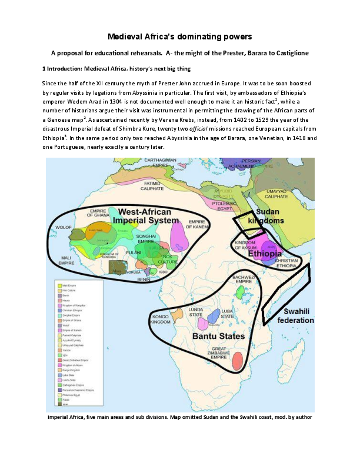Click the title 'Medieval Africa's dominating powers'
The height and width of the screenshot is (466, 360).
pyautogui.click(x=180, y=37)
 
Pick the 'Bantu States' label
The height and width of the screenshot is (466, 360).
pyautogui.click(x=219, y=336)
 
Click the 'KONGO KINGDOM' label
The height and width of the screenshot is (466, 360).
pyautogui.click(x=160, y=318)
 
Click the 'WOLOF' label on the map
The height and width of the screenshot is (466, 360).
pyautogui.click(x=62, y=224)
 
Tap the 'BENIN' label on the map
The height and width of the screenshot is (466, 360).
pyautogui.click(x=144, y=281)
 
